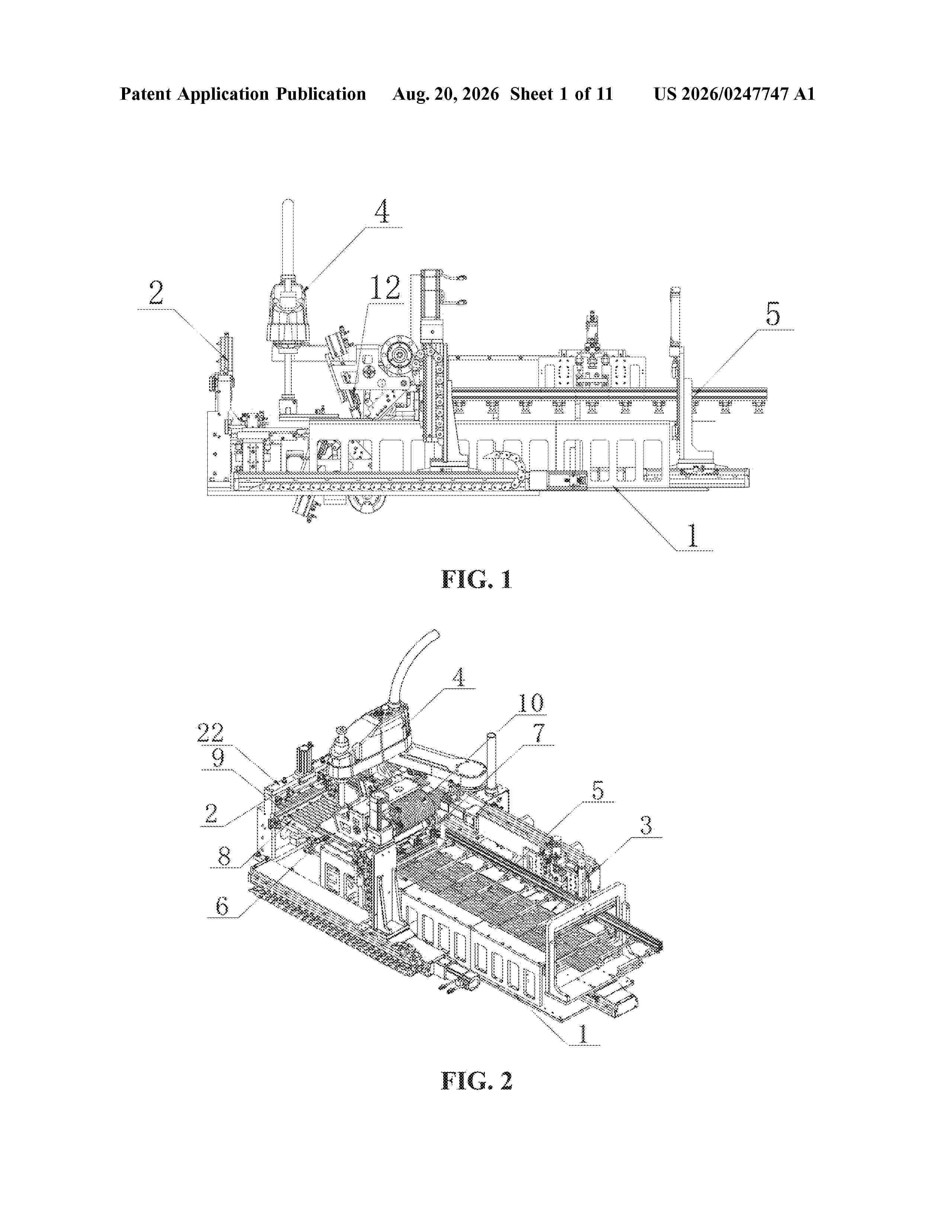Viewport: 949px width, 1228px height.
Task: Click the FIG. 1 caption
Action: point(476,580)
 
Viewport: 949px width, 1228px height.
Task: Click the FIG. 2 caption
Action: point(476,1080)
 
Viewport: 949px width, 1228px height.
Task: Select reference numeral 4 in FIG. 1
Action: point(382,212)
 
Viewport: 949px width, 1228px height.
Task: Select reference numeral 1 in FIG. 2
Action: point(583,1033)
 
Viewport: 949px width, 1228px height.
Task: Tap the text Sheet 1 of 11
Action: point(562,94)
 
